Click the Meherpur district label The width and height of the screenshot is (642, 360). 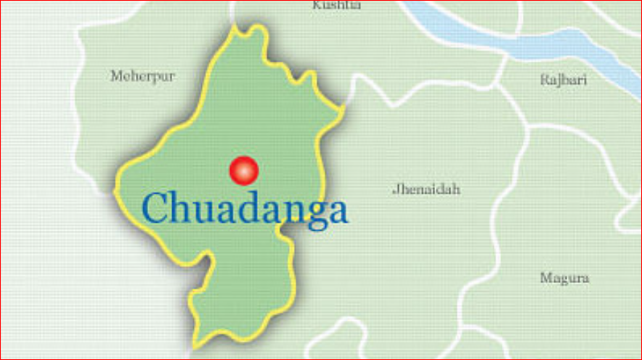coord(142,75)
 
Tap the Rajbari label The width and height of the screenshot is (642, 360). coord(563,80)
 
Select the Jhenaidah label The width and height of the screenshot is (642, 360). coord(426,189)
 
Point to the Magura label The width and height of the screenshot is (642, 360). coord(564,278)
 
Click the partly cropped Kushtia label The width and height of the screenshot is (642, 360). coord(336,6)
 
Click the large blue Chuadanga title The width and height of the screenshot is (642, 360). coord(245,208)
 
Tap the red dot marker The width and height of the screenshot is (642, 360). coord(244,171)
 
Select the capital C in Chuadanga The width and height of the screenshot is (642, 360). coord(156,208)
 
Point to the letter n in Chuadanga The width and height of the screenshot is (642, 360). coord(288,211)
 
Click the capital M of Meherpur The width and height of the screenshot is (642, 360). coord(115,75)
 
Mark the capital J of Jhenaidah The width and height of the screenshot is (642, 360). coord(395,190)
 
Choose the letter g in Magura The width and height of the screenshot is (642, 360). coord(561,280)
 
